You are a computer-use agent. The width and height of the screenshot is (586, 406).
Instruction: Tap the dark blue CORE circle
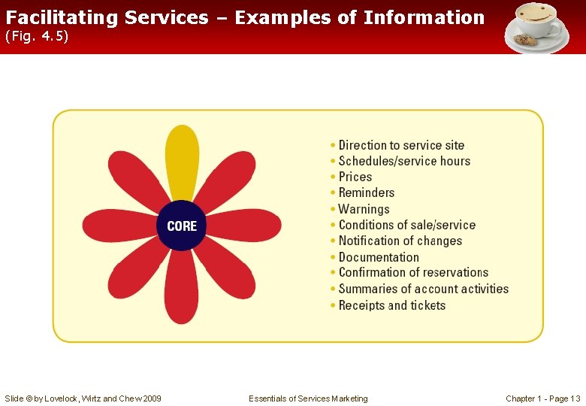(x=182, y=226)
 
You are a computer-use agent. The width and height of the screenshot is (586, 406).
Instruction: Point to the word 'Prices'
(x=355, y=177)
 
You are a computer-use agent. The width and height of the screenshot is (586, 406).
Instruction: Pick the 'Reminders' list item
(x=367, y=193)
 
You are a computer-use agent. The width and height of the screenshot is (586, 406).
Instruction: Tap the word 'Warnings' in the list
(x=364, y=209)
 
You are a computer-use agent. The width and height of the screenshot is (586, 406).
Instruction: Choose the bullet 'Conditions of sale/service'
(x=406, y=225)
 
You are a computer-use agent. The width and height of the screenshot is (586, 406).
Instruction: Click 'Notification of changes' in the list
(x=400, y=241)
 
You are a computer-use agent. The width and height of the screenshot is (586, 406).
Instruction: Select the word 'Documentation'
(x=379, y=257)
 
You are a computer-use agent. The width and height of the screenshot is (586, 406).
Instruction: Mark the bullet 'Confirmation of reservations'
(x=413, y=272)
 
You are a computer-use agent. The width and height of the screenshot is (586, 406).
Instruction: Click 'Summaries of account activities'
(x=423, y=289)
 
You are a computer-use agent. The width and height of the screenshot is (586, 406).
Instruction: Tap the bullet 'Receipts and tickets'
(x=391, y=305)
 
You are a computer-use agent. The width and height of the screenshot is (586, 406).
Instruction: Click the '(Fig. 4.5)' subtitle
(x=38, y=37)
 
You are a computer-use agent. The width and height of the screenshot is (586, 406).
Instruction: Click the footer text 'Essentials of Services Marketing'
(x=308, y=398)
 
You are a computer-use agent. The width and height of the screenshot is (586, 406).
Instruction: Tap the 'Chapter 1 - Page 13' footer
(x=542, y=398)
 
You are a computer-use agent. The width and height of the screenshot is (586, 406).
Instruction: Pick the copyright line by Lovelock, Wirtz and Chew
(x=83, y=398)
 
